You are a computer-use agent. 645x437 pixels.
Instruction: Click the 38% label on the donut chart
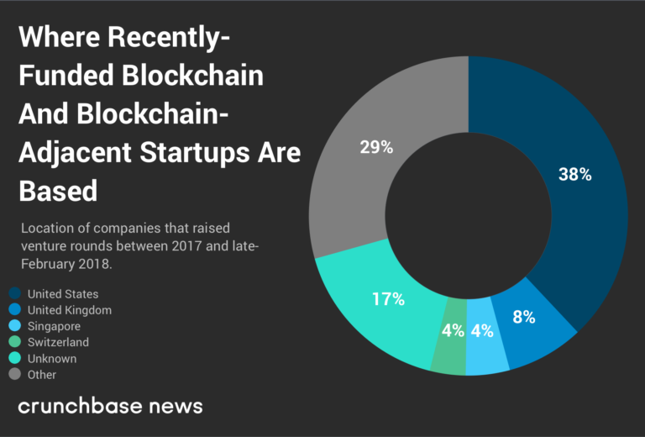575,175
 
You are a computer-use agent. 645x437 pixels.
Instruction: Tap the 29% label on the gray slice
376,147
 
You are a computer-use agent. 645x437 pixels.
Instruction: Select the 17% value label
388,298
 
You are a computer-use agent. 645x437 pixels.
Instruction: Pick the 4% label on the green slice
453,330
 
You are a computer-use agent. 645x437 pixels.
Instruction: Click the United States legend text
63,294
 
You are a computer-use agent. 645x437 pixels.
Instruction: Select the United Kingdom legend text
69,310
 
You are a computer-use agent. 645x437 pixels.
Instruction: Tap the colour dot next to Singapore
15,326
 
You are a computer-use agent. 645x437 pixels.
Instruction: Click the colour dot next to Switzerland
15,342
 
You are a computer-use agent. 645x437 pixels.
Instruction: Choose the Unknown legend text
51,358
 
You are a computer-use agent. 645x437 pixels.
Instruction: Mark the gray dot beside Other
15,374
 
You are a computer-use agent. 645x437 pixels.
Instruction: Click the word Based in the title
58,190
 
